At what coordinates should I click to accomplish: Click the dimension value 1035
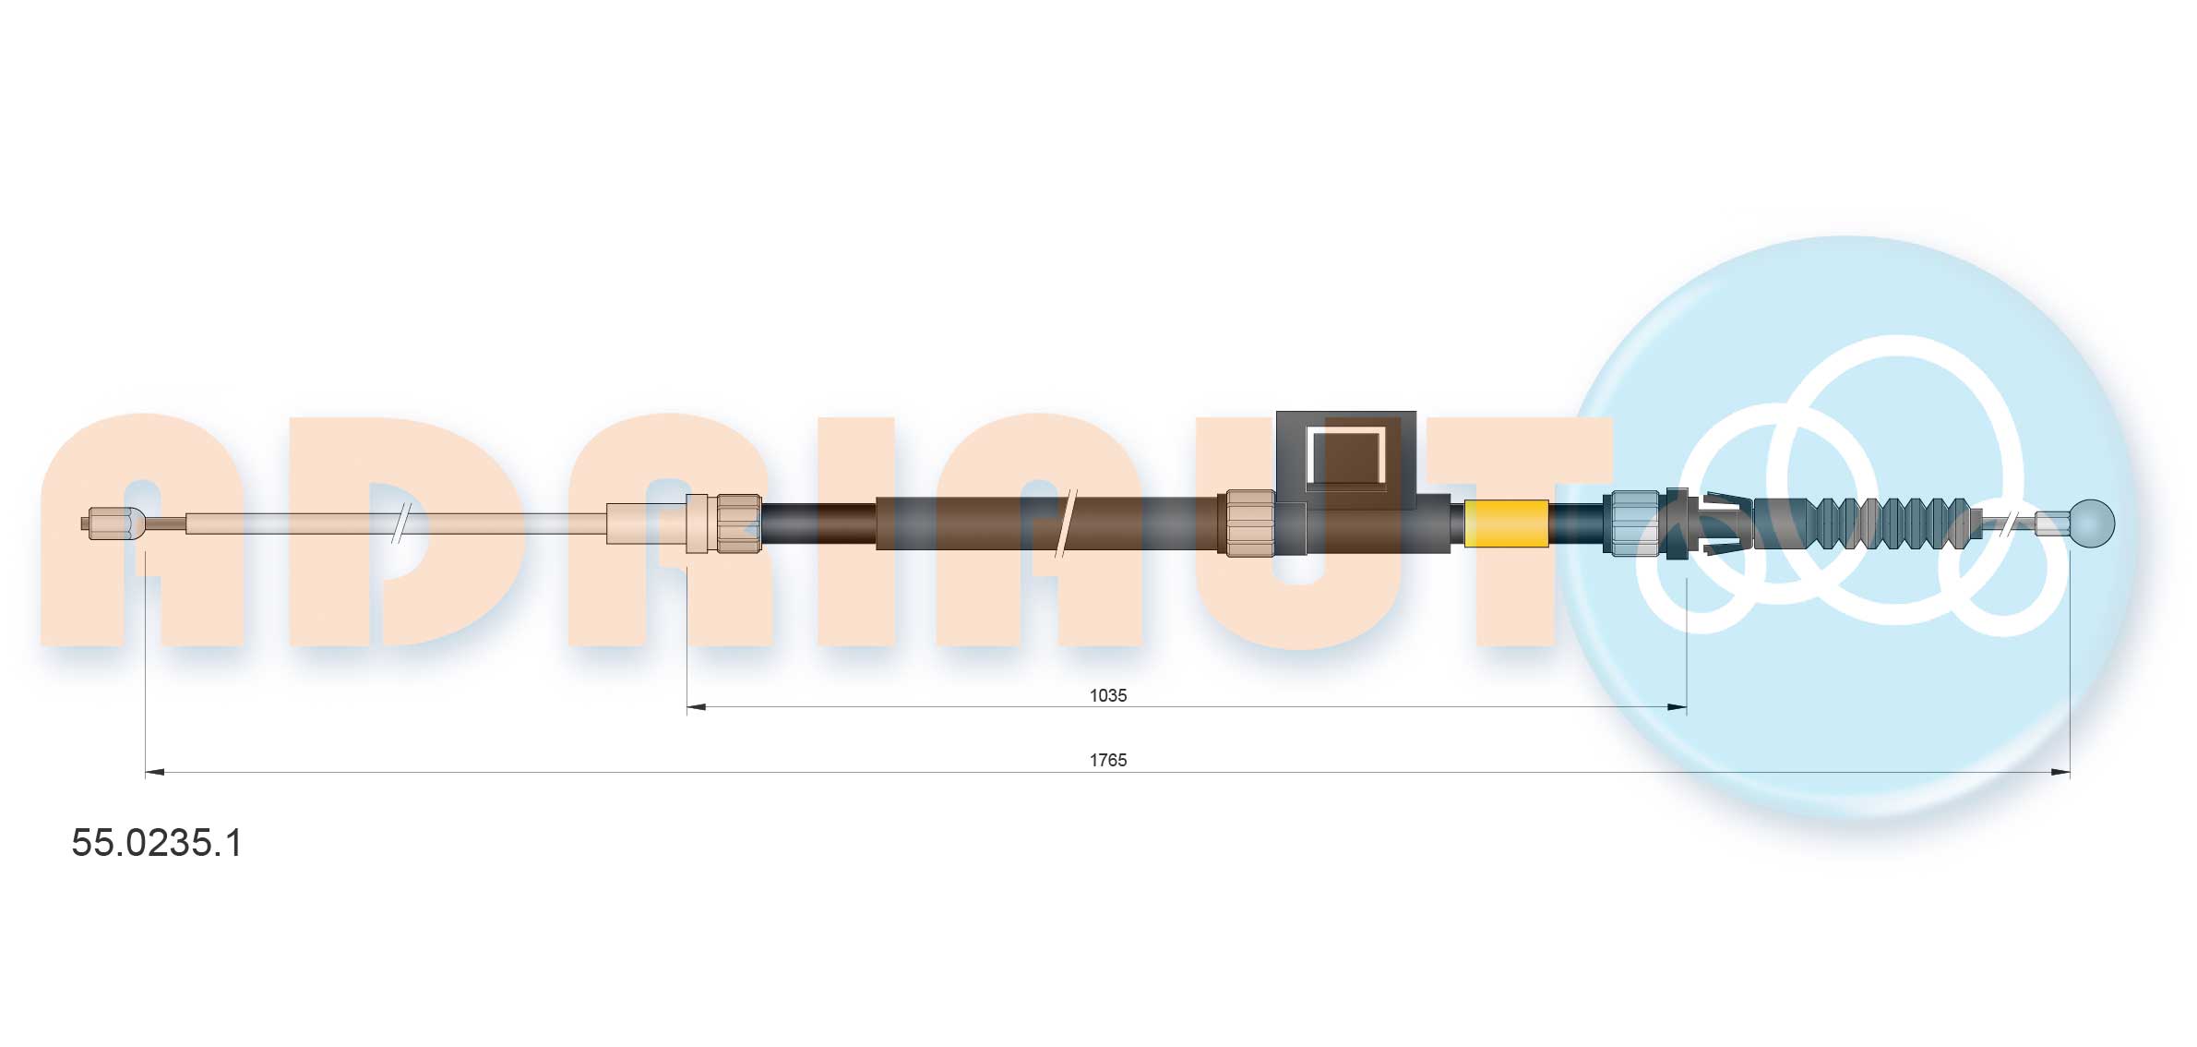coord(1107,695)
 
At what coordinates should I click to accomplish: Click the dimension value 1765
coord(1107,760)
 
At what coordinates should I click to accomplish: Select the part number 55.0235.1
coord(157,843)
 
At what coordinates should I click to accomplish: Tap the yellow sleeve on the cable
coord(1506,523)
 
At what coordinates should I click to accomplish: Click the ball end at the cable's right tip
coord(2092,523)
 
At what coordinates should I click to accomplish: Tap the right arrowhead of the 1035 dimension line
coord(1678,707)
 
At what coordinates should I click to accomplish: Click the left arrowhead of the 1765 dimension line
coord(155,772)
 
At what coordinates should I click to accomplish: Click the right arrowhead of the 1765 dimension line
coord(2060,772)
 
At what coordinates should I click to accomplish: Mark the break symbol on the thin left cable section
coord(400,523)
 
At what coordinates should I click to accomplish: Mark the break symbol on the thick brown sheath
coord(1065,523)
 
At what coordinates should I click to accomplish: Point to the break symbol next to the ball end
coord(2009,523)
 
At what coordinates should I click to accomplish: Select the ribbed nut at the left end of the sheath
coord(738,523)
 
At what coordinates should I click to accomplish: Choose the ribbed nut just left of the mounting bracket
coord(1249,523)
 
